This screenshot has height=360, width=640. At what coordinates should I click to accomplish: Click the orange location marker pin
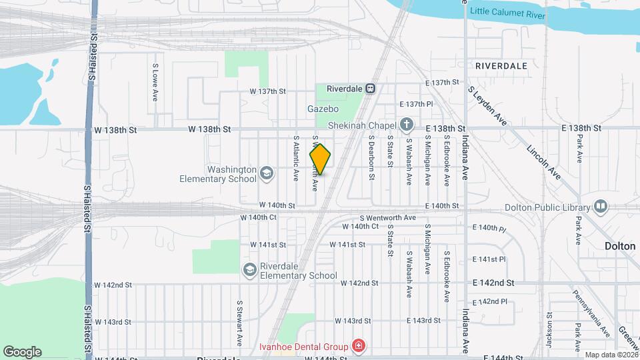(x=321, y=159)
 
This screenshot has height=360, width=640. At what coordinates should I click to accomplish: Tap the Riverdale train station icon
(x=371, y=88)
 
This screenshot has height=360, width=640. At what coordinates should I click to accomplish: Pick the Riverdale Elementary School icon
(x=249, y=269)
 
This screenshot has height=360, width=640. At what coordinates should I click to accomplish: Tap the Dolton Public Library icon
(x=601, y=205)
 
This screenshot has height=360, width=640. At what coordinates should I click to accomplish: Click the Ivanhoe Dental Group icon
(x=358, y=346)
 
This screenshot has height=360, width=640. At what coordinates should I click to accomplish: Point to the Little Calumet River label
(x=508, y=13)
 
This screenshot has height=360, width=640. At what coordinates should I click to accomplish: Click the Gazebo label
(x=323, y=109)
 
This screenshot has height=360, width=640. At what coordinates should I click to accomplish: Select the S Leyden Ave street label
(x=487, y=105)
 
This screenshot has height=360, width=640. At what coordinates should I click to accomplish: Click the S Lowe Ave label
(x=155, y=82)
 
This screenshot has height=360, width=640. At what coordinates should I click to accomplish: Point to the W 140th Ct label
(x=258, y=217)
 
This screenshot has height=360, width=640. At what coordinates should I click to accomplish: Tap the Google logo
(x=22, y=351)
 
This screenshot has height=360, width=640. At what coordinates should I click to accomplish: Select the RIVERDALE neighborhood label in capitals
(x=501, y=66)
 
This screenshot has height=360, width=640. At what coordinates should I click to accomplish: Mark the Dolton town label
(x=620, y=245)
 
